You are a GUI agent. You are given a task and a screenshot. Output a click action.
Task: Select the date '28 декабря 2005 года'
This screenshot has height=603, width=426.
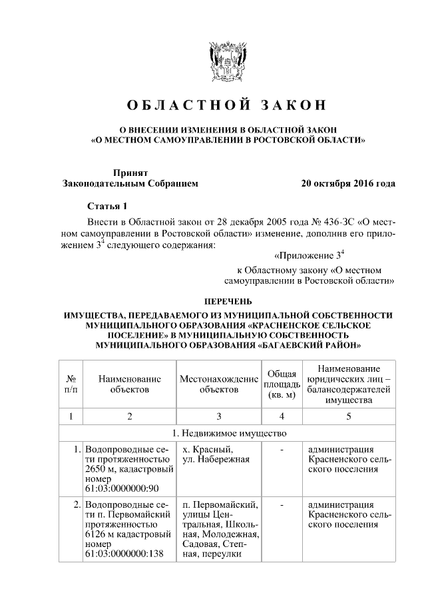[x=233, y=221]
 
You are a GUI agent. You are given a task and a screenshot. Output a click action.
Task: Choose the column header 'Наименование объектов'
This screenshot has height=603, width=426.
[x=130, y=384]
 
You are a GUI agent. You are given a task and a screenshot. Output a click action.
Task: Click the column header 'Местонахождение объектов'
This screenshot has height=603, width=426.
[x=218, y=384]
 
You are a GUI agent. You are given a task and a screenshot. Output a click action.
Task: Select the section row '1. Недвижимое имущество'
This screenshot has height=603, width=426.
[x=227, y=433]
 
